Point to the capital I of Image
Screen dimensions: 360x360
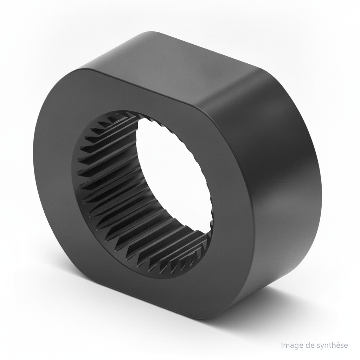[x=282, y=345]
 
